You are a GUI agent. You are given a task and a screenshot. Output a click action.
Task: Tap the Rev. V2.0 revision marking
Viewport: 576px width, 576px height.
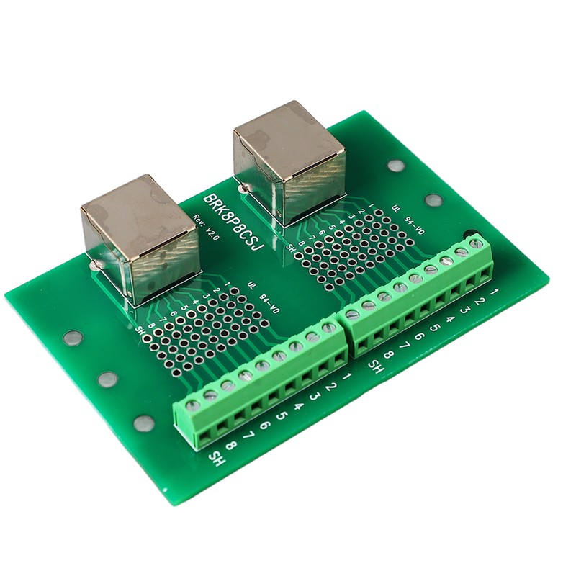coord(204,232)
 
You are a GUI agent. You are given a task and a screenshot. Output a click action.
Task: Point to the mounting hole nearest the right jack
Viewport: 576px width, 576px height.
coord(394,165)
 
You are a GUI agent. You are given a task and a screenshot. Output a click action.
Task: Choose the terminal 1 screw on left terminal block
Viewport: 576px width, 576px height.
coord(329,328)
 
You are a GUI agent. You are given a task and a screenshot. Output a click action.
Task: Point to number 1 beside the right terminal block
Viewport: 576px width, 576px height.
coord(495,294)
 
